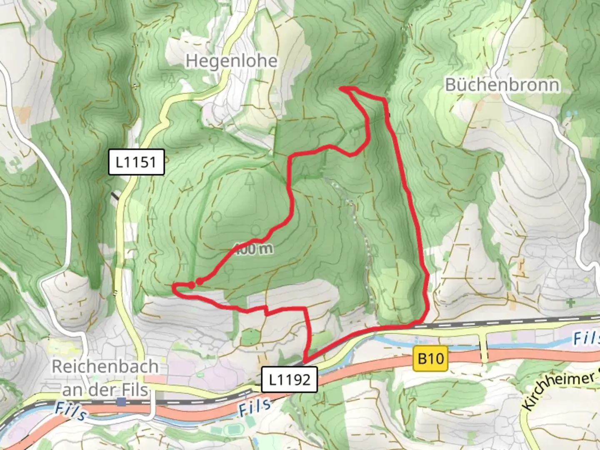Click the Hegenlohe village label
(x=231, y=61)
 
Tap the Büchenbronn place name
(x=502, y=85)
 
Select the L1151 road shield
(x=136, y=162)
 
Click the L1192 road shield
(x=290, y=380)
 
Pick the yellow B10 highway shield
(x=431, y=358)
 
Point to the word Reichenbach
(x=105, y=367)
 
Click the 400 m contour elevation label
(x=254, y=249)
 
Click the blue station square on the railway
(x=122, y=402)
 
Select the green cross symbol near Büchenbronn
(x=570, y=303)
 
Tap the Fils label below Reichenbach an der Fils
(x=71, y=411)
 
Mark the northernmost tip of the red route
(x=342, y=88)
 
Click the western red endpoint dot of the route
(x=191, y=285)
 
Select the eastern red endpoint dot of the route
(x=200, y=282)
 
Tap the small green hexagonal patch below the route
(x=250, y=337)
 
